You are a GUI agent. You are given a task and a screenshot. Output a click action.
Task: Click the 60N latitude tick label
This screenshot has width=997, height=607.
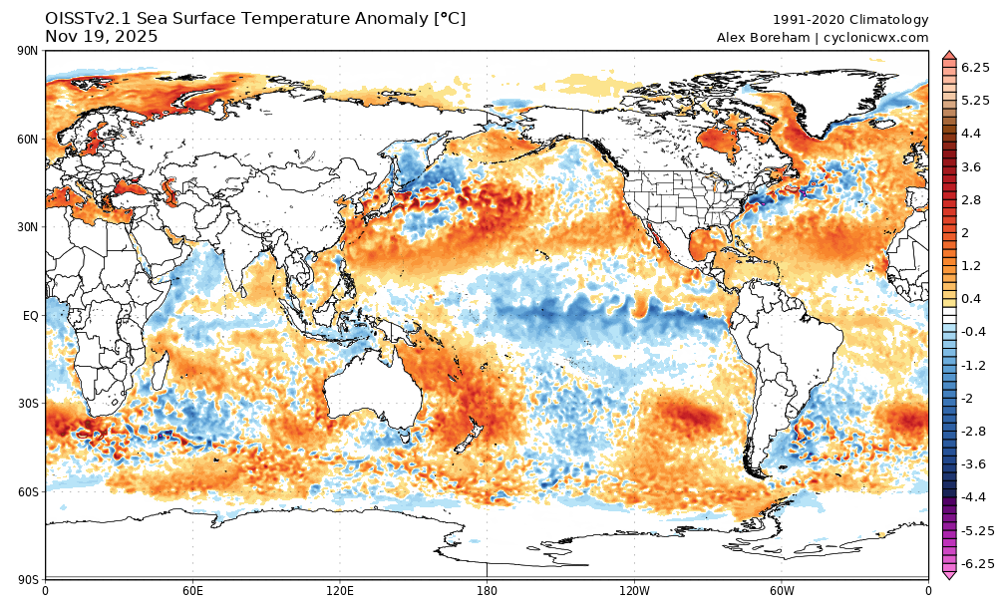pos(27,140)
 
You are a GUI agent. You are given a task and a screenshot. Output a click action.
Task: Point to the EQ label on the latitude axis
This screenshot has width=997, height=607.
pos(30,315)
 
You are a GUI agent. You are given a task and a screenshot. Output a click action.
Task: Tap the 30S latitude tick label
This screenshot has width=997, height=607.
pos(27,404)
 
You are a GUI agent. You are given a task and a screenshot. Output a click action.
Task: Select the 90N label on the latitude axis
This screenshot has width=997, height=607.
pos(27,52)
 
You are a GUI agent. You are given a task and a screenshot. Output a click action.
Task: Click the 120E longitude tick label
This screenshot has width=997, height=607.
pos(340,590)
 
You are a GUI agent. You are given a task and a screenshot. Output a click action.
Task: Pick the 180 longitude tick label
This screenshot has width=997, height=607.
pos(487,590)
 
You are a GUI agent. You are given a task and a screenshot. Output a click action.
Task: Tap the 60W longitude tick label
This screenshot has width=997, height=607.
pos(781,590)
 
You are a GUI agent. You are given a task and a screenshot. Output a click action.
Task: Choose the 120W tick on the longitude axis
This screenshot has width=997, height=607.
pos(634,590)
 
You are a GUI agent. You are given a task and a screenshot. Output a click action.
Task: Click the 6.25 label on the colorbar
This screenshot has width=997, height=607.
pos(974,67)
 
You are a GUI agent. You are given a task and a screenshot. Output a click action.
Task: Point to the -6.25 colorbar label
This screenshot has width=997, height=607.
pos(976,564)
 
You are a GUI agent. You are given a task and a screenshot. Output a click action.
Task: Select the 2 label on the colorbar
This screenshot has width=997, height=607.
pos(964,232)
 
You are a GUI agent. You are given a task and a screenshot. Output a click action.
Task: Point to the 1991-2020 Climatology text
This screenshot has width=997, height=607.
pos(850,20)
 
